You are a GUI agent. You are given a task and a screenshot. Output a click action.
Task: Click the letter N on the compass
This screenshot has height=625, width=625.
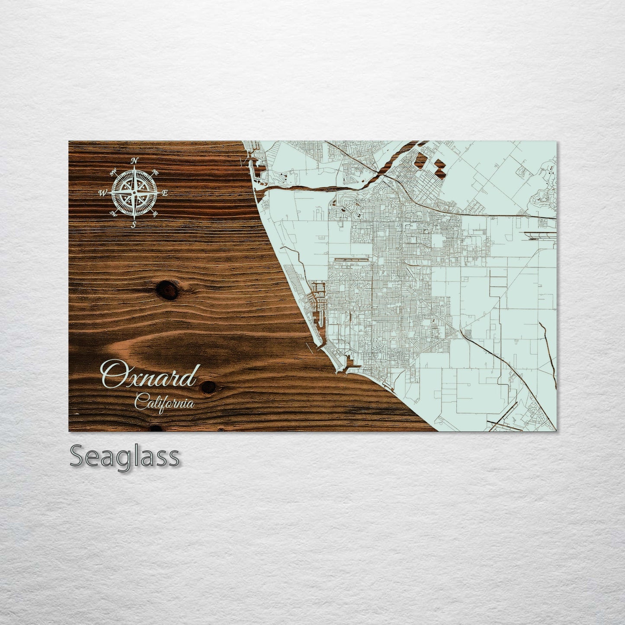[135, 160]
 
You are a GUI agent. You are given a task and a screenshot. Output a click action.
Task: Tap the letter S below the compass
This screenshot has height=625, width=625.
[134, 224]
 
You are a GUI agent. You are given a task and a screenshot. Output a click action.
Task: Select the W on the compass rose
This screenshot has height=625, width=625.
[103, 193]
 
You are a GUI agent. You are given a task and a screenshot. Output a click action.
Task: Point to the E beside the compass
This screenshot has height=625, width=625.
[165, 193]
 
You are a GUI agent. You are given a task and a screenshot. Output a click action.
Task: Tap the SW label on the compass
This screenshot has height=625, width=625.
[113, 213]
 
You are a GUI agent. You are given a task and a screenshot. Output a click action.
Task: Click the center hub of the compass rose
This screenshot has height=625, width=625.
[135, 192]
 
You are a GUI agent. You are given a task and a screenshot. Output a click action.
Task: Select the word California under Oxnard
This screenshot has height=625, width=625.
[164, 404]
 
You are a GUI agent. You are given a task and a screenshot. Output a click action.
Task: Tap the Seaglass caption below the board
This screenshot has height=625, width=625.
[124, 456]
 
